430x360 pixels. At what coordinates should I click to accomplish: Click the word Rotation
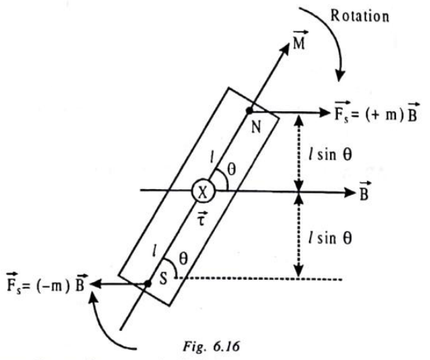pyautogui.click(x=360, y=16)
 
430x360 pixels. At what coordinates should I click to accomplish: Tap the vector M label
pyautogui.click(x=300, y=40)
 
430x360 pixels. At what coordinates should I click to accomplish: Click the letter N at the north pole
pyautogui.click(x=256, y=127)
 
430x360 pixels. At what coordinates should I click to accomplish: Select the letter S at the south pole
pyautogui.click(x=163, y=279)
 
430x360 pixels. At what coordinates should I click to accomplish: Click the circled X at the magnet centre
pyautogui.click(x=203, y=192)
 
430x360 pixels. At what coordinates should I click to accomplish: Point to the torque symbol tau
pyautogui.click(x=202, y=218)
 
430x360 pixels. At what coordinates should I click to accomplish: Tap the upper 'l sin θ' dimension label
pyautogui.click(x=330, y=154)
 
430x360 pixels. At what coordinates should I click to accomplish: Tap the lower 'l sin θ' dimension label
pyautogui.click(x=330, y=237)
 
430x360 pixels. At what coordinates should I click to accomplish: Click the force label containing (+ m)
pyautogui.click(x=377, y=112)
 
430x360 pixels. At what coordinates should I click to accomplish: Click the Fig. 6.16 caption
pyautogui.click(x=211, y=347)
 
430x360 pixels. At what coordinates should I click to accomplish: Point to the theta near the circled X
pyautogui.click(x=232, y=170)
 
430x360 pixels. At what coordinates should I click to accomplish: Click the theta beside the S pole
pyautogui.click(x=183, y=259)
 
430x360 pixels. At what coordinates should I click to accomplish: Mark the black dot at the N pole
pyautogui.click(x=249, y=111)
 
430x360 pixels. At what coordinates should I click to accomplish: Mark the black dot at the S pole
pyautogui.click(x=147, y=283)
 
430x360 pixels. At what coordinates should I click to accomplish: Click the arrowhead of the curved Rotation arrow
pyautogui.click(x=340, y=75)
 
